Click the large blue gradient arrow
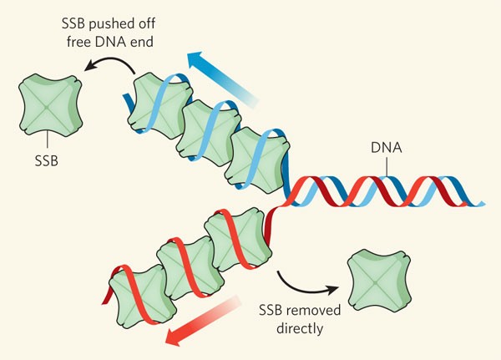pos(220,76)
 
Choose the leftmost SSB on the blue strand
pos(157,99)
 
